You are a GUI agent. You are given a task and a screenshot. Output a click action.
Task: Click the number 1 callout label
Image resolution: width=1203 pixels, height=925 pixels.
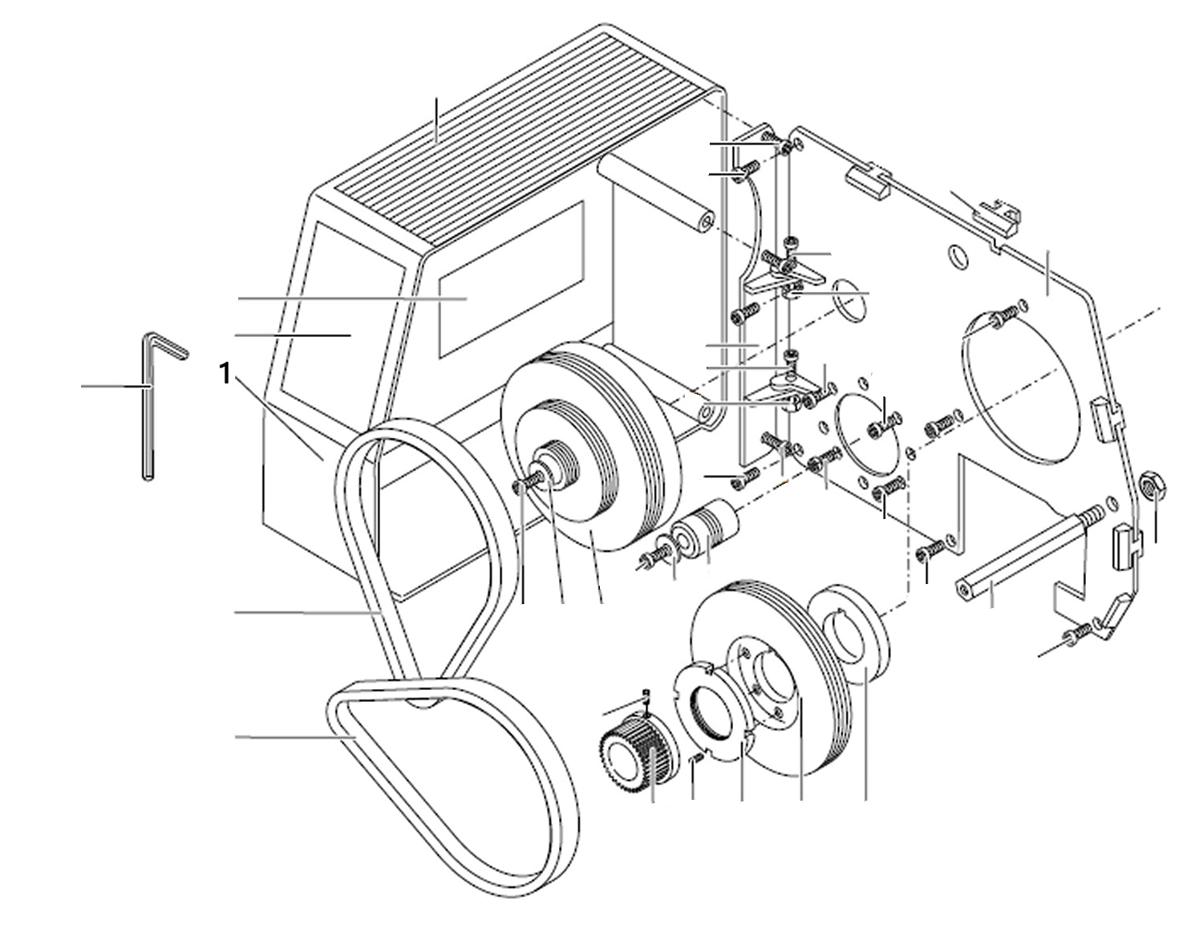click(227, 373)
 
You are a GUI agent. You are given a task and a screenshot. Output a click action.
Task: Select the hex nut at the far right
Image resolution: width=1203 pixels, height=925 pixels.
click(1154, 484)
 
